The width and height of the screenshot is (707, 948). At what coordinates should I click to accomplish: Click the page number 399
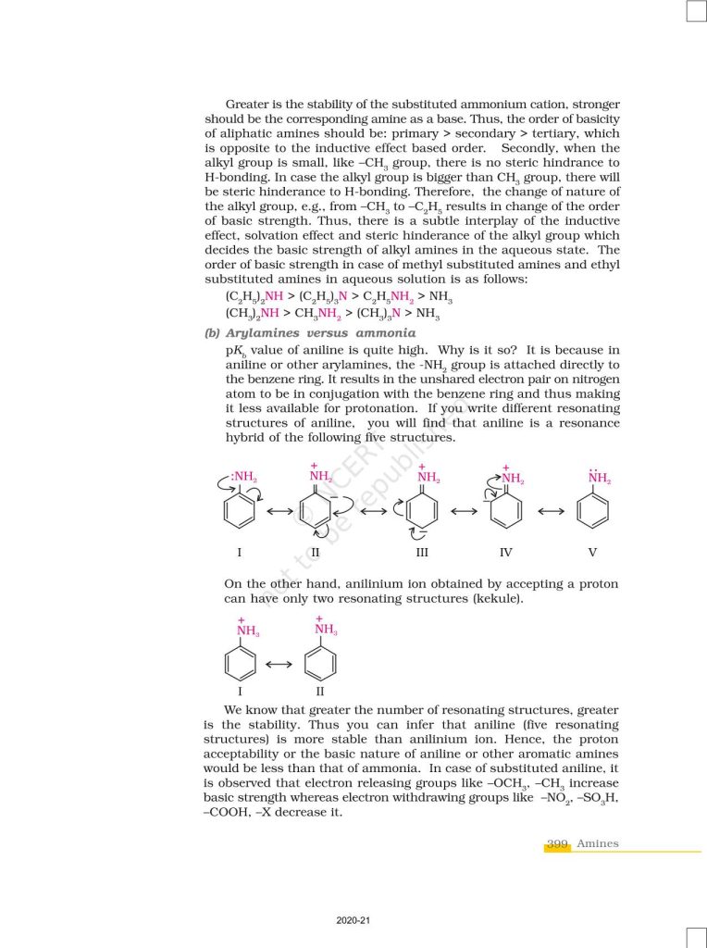[557, 843]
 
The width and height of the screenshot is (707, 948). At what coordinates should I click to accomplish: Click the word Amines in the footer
[598, 843]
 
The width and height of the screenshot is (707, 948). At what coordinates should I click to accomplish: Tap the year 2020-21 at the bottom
[353, 920]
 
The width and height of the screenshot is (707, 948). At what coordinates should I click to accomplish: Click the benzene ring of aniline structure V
[592, 511]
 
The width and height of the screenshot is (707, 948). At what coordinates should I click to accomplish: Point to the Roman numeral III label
[422, 553]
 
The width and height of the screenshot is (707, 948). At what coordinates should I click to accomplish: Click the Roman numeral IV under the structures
[505, 553]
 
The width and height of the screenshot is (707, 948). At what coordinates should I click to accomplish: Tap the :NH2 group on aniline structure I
[243, 478]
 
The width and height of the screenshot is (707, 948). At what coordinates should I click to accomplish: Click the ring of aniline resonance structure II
[316, 511]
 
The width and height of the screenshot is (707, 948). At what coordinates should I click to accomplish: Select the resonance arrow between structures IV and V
[551, 511]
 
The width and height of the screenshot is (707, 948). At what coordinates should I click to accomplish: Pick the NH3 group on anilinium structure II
[326, 630]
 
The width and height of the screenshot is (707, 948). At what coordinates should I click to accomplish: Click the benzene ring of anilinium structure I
[241, 663]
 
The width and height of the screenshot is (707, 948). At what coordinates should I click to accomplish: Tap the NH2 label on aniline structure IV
[512, 480]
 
